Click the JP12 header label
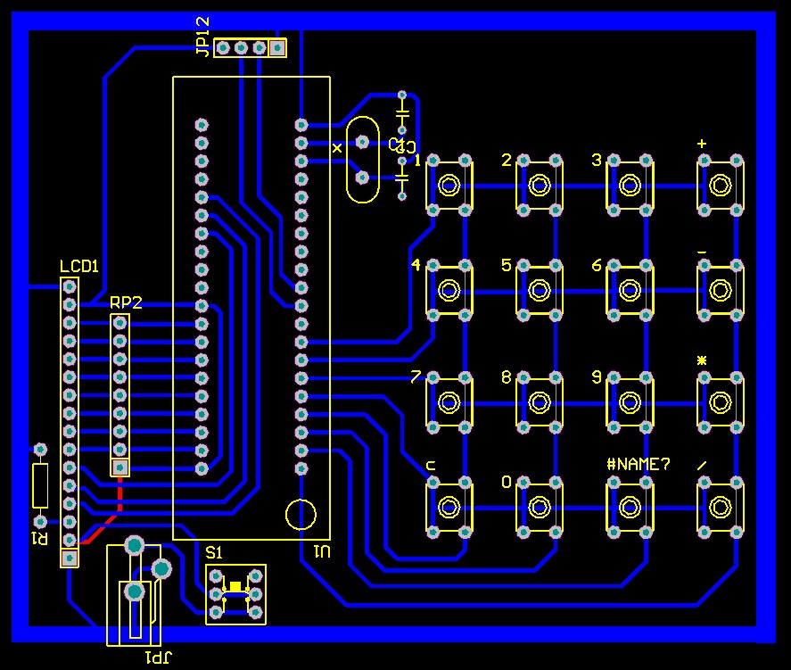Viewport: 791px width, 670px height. coord(203,37)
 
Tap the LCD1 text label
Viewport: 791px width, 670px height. coord(78,266)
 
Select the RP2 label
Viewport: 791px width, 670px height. coord(126,302)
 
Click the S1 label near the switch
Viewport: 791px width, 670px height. coord(215,553)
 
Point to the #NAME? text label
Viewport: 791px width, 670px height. coord(638,464)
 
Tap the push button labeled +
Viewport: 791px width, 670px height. coord(720,185)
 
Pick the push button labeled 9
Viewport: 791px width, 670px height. coord(630,401)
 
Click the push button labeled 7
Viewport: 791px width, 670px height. coord(449,401)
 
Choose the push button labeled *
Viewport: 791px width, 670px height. coord(720,401)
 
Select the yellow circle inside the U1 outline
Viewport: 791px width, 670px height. coord(301,515)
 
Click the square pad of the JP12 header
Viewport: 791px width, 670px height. coord(277,47)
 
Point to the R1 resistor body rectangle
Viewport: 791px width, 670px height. coord(40,484)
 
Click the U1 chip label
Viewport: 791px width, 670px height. coord(322,551)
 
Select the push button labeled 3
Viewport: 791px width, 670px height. coord(630,185)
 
